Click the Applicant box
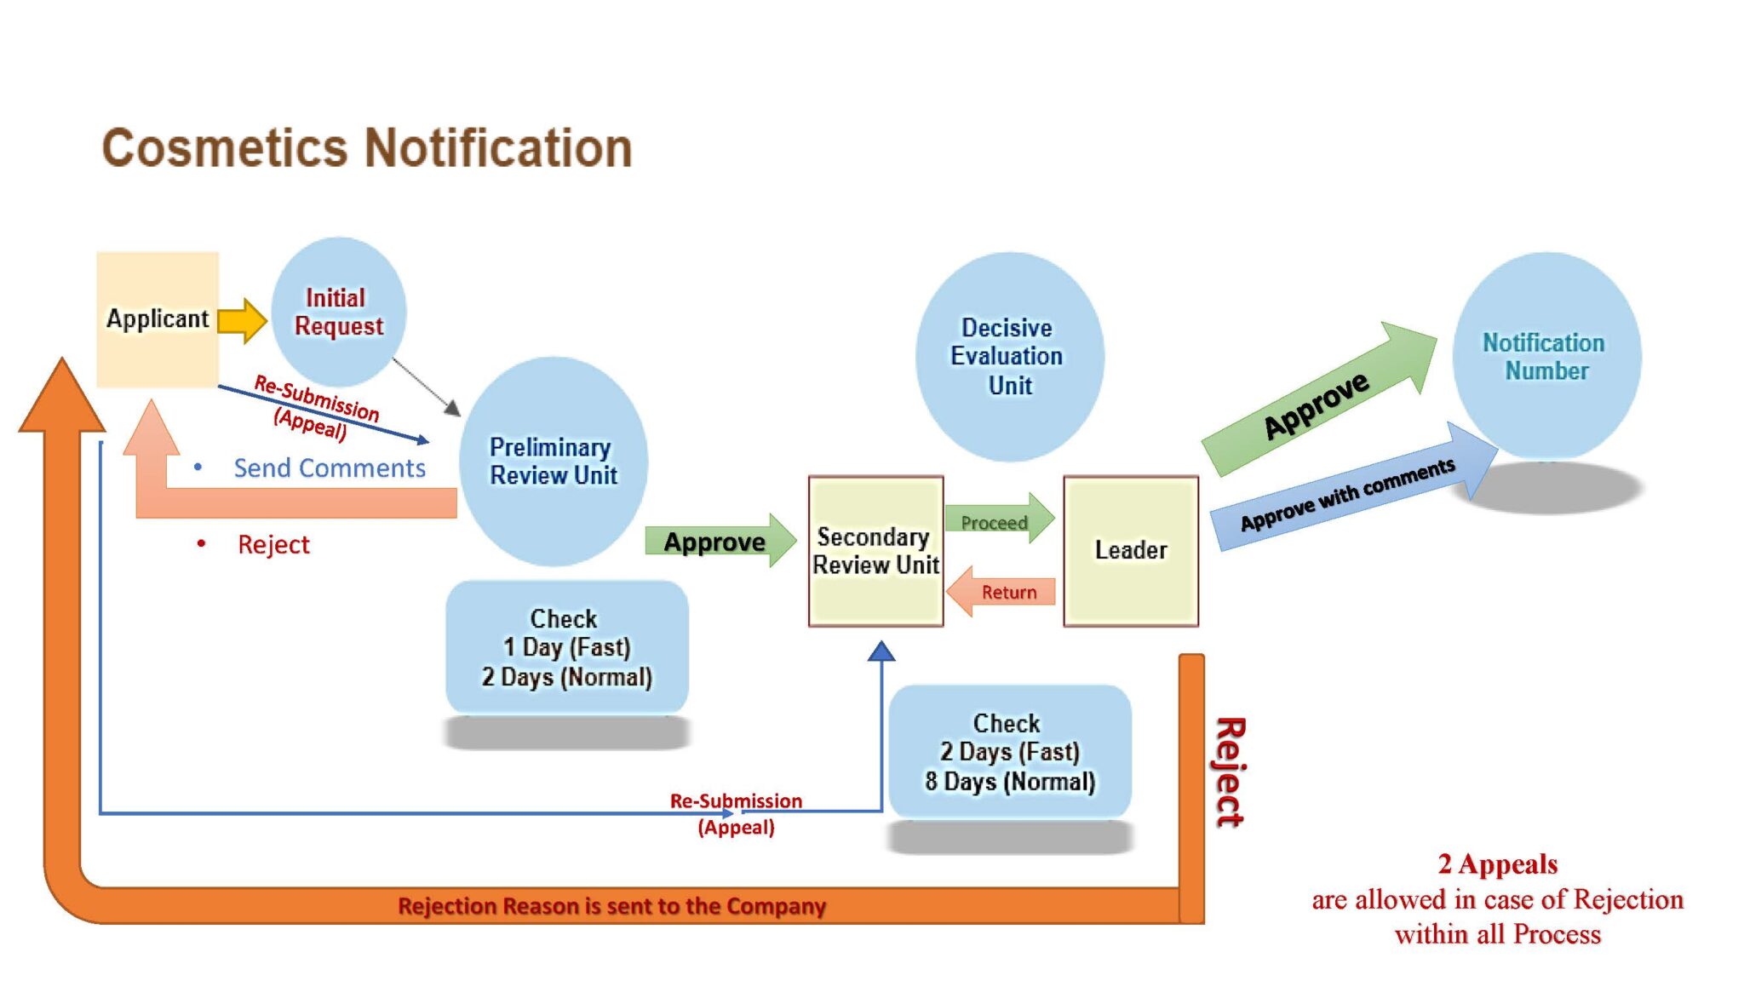click(158, 319)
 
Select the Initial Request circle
click(338, 312)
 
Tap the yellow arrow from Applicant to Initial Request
click(242, 320)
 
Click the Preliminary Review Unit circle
click(553, 462)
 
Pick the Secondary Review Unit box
click(875, 551)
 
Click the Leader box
click(1130, 551)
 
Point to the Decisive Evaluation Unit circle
click(1009, 357)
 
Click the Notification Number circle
click(1546, 357)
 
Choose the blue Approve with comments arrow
click(1350, 492)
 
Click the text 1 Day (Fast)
click(566, 647)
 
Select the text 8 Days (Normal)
click(1010, 782)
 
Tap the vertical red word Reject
click(1230, 772)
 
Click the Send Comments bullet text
click(329, 468)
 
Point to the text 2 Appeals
click(1497, 864)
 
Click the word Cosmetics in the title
click(225, 148)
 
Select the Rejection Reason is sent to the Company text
click(611, 906)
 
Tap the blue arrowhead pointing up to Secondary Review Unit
click(881, 652)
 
